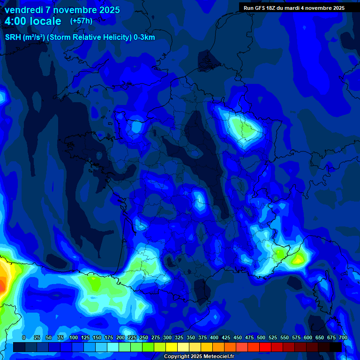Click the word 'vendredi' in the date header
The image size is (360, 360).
click(x=24, y=10)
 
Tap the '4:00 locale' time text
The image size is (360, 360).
click(x=33, y=21)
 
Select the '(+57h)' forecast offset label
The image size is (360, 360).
click(x=81, y=21)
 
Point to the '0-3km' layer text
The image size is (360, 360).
click(x=144, y=37)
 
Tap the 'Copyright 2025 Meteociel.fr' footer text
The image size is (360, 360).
click(x=199, y=356)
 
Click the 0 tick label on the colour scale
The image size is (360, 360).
click(x=24, y=337)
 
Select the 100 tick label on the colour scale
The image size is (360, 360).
click(x=74, y=337)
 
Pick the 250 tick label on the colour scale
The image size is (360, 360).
click(x=144, y=337)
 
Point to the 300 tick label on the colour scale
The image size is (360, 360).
click(x=167, y=337)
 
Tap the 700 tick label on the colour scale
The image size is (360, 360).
click(x=343, y=337)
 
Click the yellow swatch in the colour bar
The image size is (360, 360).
click(x=172, y=347)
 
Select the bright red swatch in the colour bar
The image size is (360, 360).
click(x=265, y=347)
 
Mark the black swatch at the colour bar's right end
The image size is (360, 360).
click(x=336, y=347)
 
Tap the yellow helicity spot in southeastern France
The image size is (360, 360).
click(x=297, y=258)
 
